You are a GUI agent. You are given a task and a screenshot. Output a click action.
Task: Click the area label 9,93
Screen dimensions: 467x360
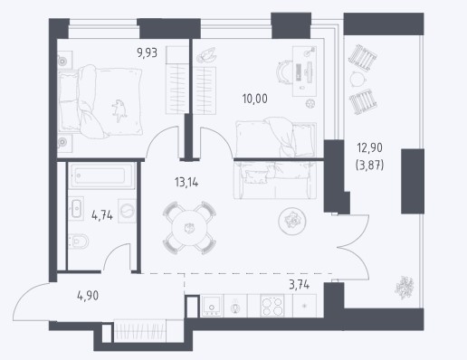coord(147,53)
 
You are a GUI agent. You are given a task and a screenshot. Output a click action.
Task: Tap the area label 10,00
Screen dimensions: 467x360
coord(254,99)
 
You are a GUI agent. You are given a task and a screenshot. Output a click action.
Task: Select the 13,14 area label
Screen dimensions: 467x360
coord(186,182)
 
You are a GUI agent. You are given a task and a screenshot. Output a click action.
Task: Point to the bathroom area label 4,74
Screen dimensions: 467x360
coord(102,215)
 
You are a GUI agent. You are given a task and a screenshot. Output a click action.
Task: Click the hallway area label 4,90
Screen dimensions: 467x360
coord(88,296)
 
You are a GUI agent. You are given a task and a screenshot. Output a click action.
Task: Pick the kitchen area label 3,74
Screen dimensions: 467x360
coord(299,285)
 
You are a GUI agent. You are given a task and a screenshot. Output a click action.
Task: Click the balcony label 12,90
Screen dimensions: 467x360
coord(369,147)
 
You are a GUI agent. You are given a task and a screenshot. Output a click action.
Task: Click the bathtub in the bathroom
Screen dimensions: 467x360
coord(101,175)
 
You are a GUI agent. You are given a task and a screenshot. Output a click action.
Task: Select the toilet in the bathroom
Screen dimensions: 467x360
coord(78,242)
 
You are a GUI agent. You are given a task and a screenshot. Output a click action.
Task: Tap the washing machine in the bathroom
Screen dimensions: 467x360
coord(128,211)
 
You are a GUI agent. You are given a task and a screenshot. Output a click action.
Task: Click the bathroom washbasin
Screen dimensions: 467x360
coord(76,208)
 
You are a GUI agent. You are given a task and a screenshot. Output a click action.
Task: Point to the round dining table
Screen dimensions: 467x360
coord(189,228)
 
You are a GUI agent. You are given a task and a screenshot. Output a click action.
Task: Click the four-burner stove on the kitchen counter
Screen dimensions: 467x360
coord(272,306)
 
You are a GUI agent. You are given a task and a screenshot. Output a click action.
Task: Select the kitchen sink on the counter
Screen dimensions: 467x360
coord(212,306)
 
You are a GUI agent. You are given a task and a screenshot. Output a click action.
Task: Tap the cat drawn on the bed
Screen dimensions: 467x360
coord(119,110)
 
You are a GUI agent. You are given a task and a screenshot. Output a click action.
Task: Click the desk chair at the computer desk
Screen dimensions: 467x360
coord(283,72)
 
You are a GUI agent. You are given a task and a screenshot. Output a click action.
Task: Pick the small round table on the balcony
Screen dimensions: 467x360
coord(357,79)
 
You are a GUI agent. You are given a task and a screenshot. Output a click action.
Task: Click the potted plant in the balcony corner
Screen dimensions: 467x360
coord(405,288)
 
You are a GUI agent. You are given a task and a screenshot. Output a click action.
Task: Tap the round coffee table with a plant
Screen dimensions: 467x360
coord(292,221)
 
